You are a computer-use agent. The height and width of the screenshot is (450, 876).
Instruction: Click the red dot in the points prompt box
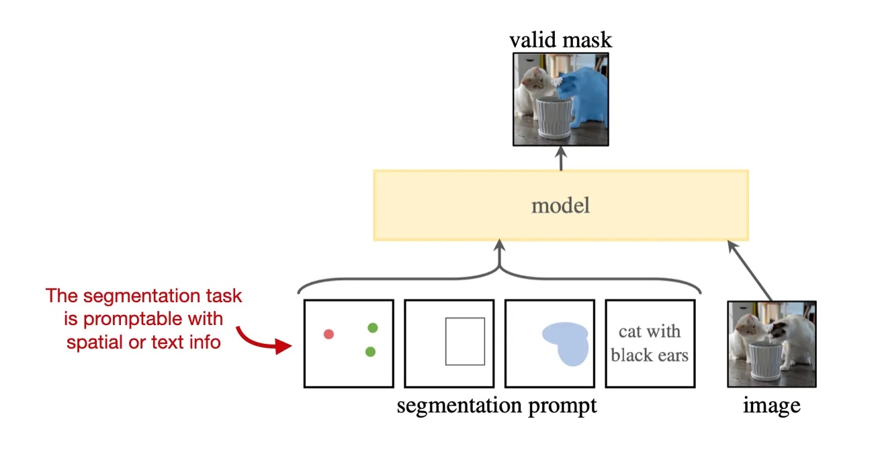coord(328,334)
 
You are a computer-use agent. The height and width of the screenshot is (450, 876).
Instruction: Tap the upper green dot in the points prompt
coord(373,328)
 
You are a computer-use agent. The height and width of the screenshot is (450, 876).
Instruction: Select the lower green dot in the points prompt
coord(370,351)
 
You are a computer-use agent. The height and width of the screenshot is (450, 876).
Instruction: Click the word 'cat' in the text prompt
coord(630,331)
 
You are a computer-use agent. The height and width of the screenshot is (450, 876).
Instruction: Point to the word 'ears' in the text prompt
coord(673,355)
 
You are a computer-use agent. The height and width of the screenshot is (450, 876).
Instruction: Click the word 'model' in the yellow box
coord(560,205)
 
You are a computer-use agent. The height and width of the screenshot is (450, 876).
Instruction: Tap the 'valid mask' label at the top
coord(560,40)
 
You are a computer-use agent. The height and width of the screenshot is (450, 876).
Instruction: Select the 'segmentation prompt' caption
coord(496,406)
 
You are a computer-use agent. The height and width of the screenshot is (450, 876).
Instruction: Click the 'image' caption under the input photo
coord(771,406)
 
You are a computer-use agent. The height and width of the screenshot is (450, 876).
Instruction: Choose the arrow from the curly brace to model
coord(499,259)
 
